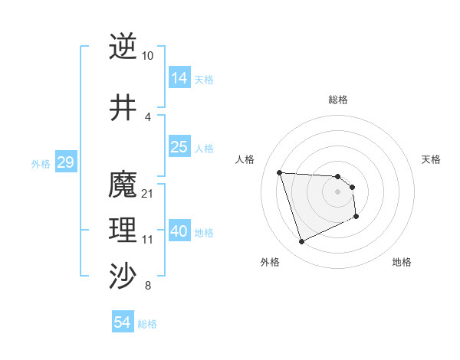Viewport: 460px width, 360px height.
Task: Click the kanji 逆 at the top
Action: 123,47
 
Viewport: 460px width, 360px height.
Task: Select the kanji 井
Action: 123,108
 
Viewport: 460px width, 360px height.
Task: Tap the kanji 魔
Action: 123,185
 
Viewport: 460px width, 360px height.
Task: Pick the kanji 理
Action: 123,231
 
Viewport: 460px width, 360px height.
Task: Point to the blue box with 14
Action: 179,78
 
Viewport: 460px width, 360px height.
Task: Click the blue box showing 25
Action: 179,147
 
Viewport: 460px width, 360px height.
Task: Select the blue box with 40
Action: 179,231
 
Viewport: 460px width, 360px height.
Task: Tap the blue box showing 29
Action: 65,162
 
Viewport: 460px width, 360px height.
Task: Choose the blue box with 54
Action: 123,322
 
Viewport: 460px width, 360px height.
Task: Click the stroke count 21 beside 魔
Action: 148,193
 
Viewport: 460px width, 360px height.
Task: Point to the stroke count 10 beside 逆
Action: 148,56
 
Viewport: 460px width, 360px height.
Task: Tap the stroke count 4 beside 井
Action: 148,116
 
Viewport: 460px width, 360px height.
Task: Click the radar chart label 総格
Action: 338,100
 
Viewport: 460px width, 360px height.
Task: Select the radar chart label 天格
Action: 431,159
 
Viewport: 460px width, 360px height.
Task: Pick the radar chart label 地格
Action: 402,262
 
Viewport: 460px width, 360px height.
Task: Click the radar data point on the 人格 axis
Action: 280,172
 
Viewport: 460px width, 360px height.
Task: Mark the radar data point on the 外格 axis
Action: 301,242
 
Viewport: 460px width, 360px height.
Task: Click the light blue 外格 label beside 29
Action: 41,163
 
